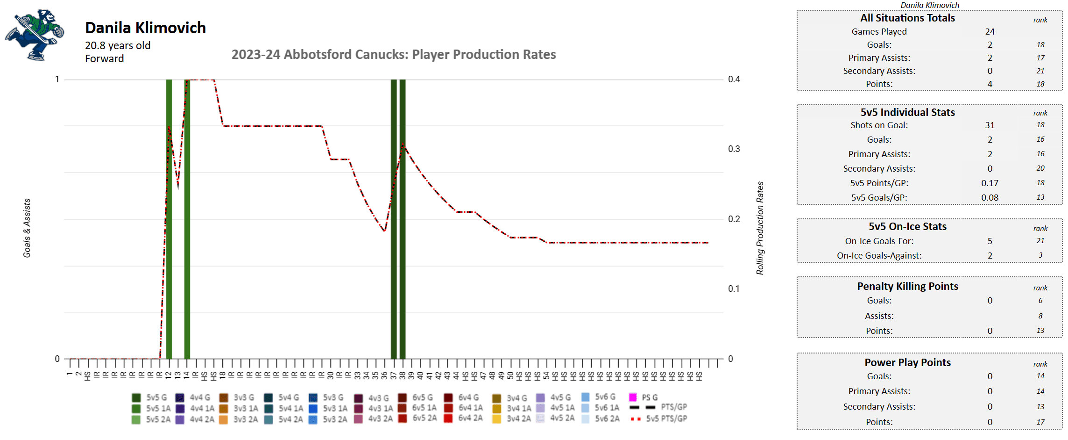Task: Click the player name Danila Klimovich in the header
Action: pos(145,28)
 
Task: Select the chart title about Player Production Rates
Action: pos(393,55)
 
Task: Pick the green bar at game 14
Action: pos(187,220)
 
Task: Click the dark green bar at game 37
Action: pos(394,220)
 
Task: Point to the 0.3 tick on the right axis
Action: pos(734,149)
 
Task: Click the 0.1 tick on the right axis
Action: pos(734,289)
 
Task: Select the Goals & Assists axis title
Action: pos(27,228)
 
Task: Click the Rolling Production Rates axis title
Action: pos(760,228)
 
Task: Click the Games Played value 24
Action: pos(990,32)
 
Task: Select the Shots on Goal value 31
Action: pos(990,125)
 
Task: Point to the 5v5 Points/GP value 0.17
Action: pos(990,183)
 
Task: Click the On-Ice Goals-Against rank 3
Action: pos(1040,255)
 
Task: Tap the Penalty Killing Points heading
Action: pos(907,287)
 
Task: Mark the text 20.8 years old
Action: pos(118,46)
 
